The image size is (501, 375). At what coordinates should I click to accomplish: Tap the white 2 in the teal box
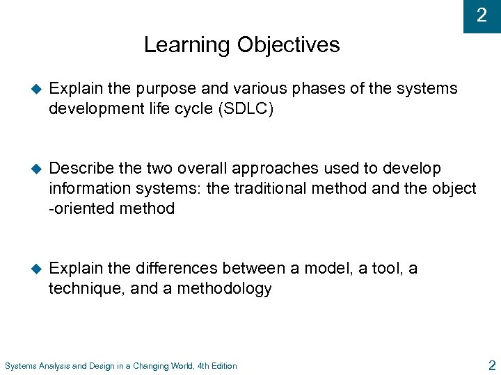pyautogui.click(x=482, y=15)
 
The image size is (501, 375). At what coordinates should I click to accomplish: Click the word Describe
pyautogui.click(x=82, y=169)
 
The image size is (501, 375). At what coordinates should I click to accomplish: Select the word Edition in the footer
pyautogui.click(x=223, y=366)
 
